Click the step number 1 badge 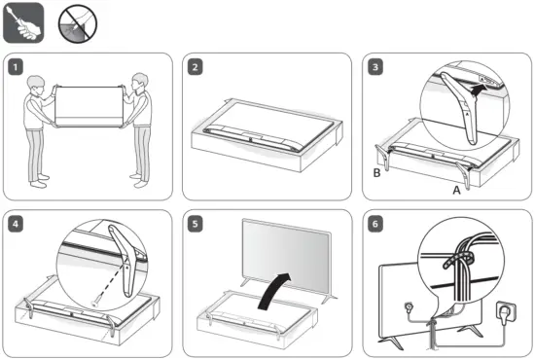pyautogui.click(x=16, y=67)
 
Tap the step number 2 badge pyautogui.click(x=196, y=67)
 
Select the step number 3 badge pyautogui.click(x=375, y=67)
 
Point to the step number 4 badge pyautogui.click(x=16, y=224)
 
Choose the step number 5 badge pyautogui.click(x=196, y=224)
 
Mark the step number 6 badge pyautogui.click(x=375, y=224)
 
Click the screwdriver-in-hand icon pyautogui.click(x=23, y=22)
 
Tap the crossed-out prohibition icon pyautogui.click(x=78, y=24)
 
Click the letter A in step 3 pyautogui.click(x=456, y=190)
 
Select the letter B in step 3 pyautogui.click(x=376, y=173)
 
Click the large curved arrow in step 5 pyautogui.click(x=273, y=290)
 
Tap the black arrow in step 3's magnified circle pyautogui.click(x=477, y=90)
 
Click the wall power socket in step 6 pyautogui.click(x=506, y=311)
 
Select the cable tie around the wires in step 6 pyautogui.click(x=457, y=260)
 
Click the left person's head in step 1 pyautogui.click(x=36, y=86)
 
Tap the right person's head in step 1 pyautogui.click(x=139, y=83)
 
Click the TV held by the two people pyautogui.click(x=89, y=107)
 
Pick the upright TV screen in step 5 pyautogui.click(x=286, y=255)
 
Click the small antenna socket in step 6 pyautogui.click(x=408, y=307)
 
